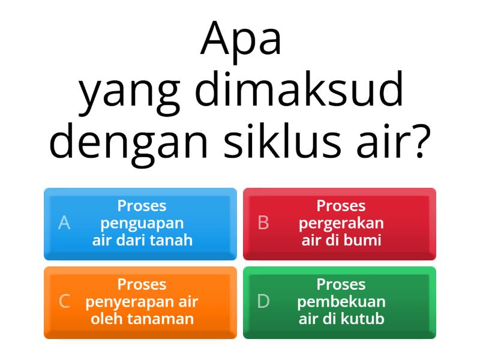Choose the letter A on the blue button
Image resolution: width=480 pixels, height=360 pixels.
tap(64, 223)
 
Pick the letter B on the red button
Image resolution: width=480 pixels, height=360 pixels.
tap(263, 223)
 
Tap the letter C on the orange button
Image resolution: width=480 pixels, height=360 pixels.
tap(64, 301)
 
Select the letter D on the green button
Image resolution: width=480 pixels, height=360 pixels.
tap(263, 301)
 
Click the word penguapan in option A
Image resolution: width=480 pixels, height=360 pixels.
tap(142, 224)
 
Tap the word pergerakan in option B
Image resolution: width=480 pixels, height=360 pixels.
tap(341, 223)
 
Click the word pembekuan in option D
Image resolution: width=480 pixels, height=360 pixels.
tap(341, 301)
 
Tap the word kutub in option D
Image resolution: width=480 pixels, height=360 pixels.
tap(364, 318)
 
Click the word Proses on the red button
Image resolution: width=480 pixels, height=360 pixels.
tap(341, 206)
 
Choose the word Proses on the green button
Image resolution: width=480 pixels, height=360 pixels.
tap(341, 284)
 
